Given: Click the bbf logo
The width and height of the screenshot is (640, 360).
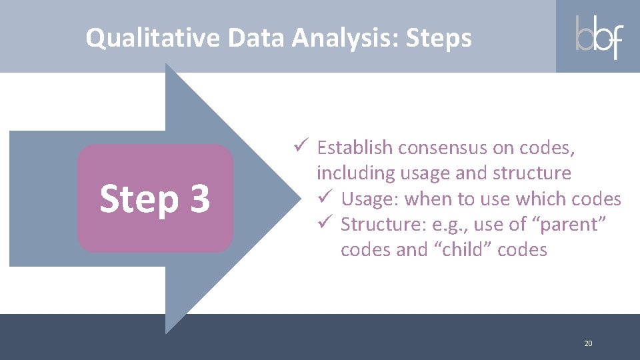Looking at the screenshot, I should (598, 37).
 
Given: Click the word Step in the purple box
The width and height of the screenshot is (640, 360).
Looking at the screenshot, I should (139, 199).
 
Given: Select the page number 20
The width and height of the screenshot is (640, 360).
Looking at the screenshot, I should (588, 343).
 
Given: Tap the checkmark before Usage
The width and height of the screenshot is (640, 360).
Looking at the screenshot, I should (324, 198).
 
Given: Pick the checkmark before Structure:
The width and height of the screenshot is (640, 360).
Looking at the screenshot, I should (324, 224).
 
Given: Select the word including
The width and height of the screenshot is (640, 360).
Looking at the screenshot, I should (355, 173).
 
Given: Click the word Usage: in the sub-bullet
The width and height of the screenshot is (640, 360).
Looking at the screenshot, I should (370, 199).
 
